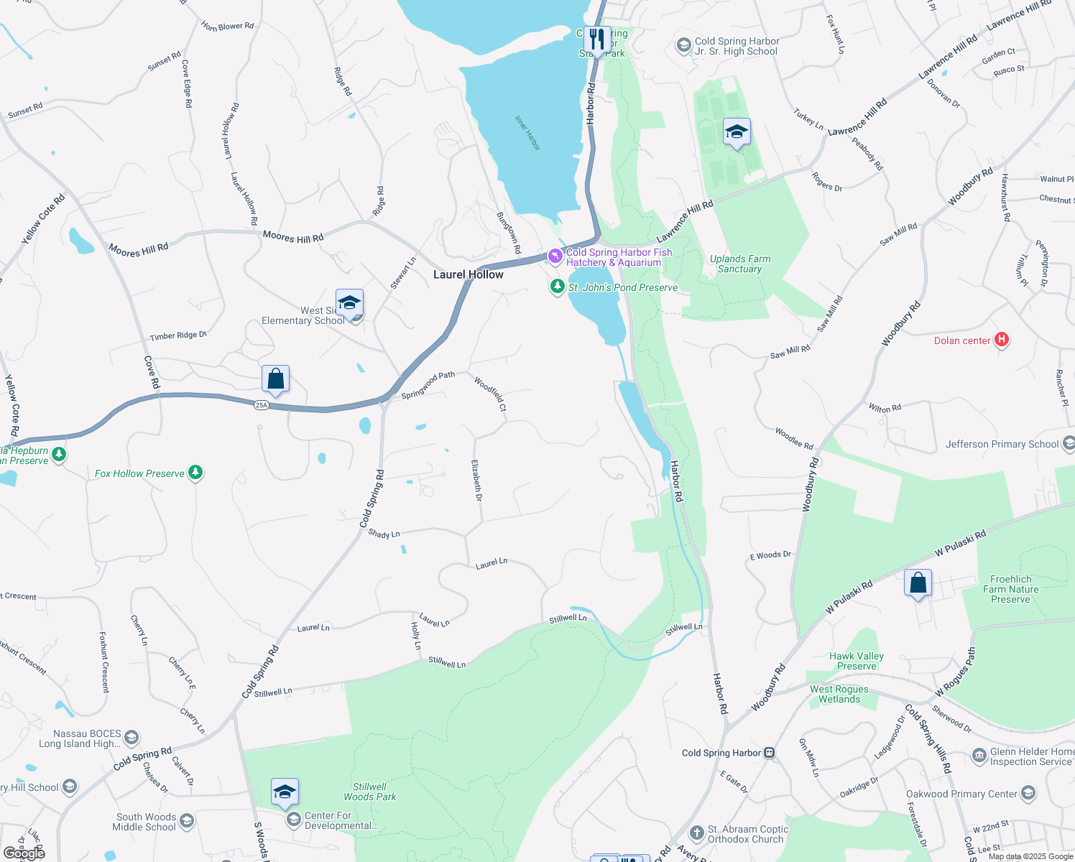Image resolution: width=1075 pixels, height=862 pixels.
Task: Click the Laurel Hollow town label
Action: pyautogui.click(x=469, y=274)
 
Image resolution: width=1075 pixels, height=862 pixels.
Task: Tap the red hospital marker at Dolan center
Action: pyautogui.click(x=1002, y=340)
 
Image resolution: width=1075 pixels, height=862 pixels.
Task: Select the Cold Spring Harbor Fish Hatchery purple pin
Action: pyautogui.click(x=555, y=256)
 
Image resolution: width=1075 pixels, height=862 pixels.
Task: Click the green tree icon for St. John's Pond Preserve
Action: pyautogui.click(x=557, y=287)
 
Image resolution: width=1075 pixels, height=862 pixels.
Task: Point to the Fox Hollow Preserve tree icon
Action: pyautogui.click(x=195, y=472)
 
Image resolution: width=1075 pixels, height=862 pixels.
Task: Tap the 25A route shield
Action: pyautogui.click(x=261, y=405)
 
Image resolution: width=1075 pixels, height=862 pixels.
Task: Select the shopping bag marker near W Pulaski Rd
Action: pyautogui.click(x=918, y=583)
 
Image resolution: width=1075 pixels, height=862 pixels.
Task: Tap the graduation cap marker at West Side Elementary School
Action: pyautogui.click(x=349, y=302)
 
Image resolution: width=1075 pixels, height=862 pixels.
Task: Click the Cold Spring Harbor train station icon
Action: pyautogui.click(x=770, y=753)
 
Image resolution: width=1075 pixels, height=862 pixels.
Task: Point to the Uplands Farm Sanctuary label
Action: pyautogui.click(x=740, y=264)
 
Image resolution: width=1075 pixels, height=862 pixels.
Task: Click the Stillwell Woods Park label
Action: pyautogui.click(x=369, y=792)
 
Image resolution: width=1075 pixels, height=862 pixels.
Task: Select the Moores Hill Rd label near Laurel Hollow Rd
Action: pyautogui.click(x=293, y=236)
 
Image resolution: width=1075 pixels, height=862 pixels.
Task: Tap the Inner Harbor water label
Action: pyautogui.click(x=527, y=133)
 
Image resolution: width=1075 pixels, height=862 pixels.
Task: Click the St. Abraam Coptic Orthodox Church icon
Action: pyautogui.click(x=696, y=833)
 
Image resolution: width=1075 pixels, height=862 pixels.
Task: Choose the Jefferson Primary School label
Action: pyautogui.click(x=1002, y=444)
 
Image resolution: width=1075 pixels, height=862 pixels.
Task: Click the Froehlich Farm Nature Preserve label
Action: pyautogui.click(x=1010, y=589)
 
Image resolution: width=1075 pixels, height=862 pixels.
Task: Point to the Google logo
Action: pyautogui.click(x=24, y=853)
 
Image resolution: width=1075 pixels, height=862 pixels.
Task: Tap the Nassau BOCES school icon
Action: pyautogui.click(x=131, y=737)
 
